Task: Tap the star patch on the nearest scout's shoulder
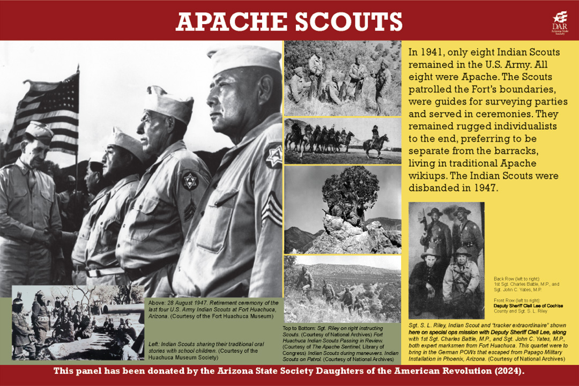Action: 273,155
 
